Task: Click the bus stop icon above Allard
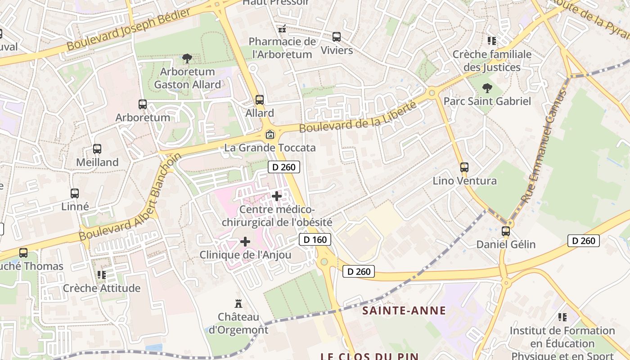point(259,99)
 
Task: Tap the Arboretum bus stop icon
point(143,104)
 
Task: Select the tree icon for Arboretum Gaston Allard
point(187,58)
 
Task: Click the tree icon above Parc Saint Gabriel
point(487,88)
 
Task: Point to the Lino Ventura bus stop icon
point(464,167)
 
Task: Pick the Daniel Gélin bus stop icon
point(506,231)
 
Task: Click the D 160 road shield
point(315,239)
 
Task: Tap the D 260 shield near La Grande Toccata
point(284,167)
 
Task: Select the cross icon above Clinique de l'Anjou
point(245,242)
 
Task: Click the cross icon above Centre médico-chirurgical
point(277,196)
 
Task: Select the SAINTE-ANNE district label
point(404,310)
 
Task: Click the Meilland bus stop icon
point(97,149)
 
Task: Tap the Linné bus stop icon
point(75,193)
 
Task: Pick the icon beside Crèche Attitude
point(102,274)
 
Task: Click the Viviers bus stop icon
point(337,37)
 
